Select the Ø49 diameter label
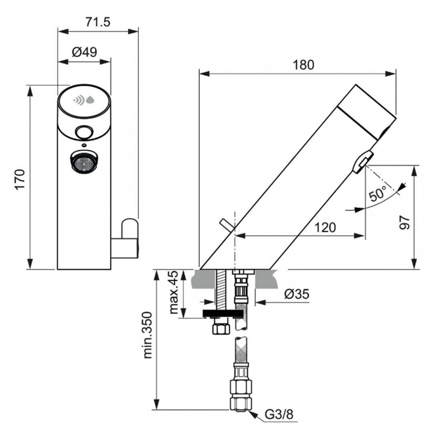[84, 52]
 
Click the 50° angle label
[378, 193]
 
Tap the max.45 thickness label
[173, 293]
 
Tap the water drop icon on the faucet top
[90, 100]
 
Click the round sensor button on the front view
[83, 131]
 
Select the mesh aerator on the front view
[83, 162]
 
